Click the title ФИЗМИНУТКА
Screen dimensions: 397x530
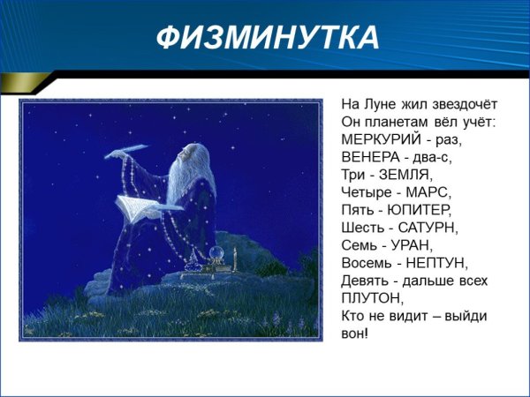(267, 38)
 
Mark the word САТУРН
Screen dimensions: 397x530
(428, 228)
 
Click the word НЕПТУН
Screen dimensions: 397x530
(436, 263)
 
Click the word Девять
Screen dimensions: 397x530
(364, 281)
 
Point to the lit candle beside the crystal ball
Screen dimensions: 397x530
(235, 258)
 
